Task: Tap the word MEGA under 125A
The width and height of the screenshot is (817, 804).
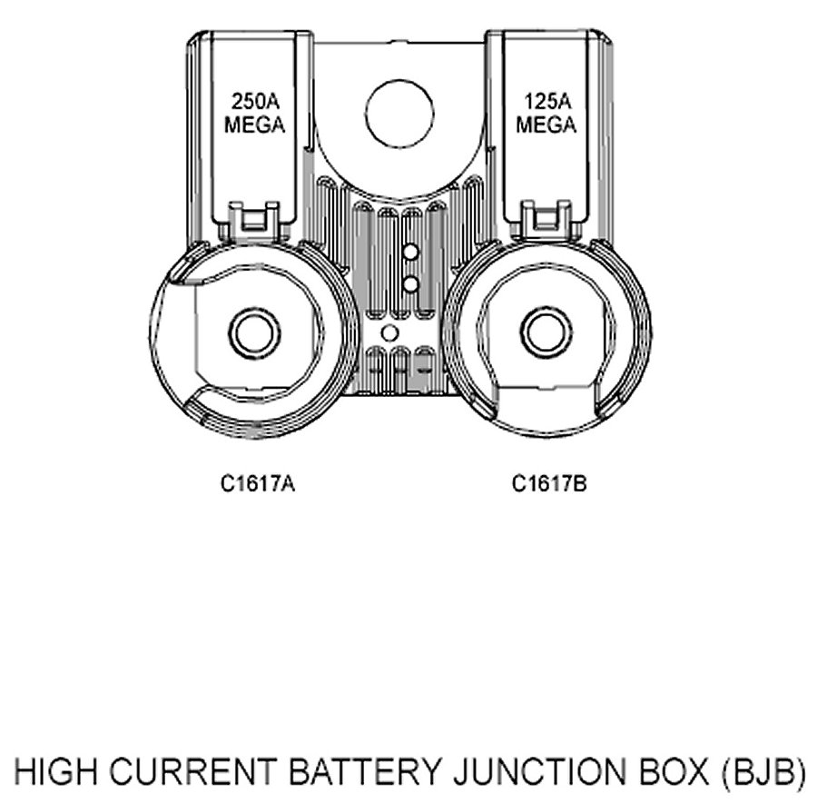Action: click(546, 125)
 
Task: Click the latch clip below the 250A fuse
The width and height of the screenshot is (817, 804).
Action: click(254, 219)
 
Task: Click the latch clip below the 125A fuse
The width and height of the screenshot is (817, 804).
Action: click(546, 219)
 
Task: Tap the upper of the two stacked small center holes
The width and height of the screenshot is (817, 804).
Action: click(410, 251)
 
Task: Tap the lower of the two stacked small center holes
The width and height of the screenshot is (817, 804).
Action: click(410, 284)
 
